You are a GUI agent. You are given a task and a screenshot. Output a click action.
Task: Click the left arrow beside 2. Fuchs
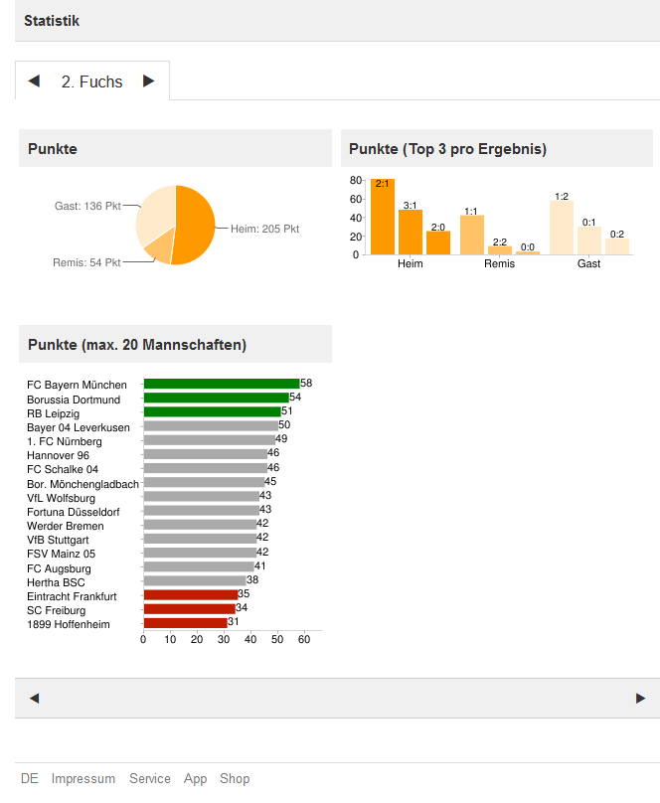(x=34, y=81)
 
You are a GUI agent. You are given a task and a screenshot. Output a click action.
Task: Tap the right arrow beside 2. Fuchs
(x=149, y=81)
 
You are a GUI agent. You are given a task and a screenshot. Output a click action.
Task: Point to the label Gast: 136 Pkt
(x=87, y=206)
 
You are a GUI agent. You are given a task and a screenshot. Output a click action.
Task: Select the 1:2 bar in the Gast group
(x=562, y=228)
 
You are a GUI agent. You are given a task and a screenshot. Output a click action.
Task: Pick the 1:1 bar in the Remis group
(x=472, y=235)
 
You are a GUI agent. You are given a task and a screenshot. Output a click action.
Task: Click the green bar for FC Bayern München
(x=222, y=384)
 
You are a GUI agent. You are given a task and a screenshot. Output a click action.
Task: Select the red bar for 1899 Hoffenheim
(x=186, y=623)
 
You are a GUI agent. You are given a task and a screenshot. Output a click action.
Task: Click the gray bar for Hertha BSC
(x=195, y=581)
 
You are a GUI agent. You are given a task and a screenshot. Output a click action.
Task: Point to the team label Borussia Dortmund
(x=74, y=400)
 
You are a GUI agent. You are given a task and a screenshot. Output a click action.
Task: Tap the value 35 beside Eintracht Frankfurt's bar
(x=244, y=594)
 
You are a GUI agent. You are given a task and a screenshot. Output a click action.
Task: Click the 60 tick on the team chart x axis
(x=304, y=639)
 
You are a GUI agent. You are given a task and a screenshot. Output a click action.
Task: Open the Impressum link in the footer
(x=83, y=779)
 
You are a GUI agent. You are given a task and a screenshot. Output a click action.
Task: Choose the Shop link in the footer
(x=235, y=779)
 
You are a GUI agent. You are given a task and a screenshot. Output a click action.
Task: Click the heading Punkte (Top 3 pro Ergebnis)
(x=447, y=149)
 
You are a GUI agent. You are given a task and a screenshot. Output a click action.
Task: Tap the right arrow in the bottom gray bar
(x=640, y=699)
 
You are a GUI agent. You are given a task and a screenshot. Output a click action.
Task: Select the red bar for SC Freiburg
(x=190, y=609)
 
